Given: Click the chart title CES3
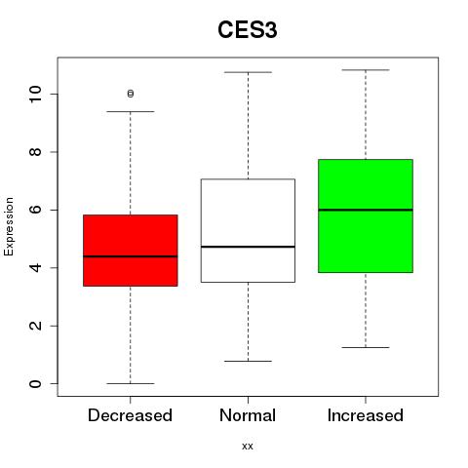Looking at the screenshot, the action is click(248, 30).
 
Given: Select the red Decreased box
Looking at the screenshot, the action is click(131, 251).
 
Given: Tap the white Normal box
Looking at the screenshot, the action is click(248, 230).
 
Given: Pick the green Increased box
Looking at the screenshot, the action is click(366, 215).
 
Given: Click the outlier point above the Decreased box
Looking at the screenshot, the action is click(131, 94).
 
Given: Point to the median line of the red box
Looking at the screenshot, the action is click(131, 256).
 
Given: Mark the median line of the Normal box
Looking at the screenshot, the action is click(248, 247).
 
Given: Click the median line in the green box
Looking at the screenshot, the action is click(366, 210).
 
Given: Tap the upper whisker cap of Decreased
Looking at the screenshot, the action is click(131, 111).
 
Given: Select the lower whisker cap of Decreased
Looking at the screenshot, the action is click(131, 383).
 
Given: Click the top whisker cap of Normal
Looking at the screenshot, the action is click(248, 72).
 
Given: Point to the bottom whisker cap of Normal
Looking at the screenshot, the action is click(248, 361).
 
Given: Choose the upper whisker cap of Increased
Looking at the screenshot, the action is click(366, 70).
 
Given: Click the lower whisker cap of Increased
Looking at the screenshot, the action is click(366, 347).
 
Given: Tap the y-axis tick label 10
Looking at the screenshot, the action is click(36, 95).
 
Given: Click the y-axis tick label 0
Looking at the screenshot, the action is click(36, 384).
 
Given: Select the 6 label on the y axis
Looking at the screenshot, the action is click(36, 210).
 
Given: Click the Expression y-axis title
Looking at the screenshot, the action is click(9, 226).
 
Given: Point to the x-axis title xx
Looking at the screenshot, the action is click(248, 447).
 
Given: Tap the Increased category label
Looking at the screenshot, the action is click(366, 415).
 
